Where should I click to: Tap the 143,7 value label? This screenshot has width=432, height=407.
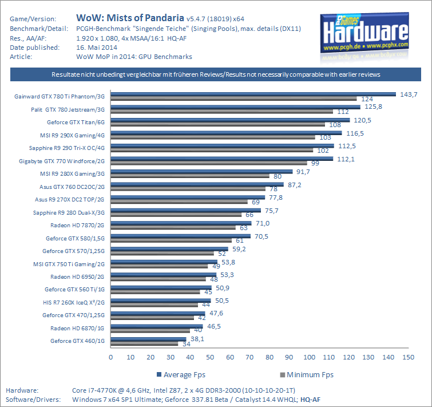(409, 93)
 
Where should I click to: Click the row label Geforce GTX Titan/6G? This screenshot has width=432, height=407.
(76, 122)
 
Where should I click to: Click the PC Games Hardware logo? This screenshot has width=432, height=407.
(365, 36)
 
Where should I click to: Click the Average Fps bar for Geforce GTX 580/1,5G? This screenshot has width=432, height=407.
(180, 236)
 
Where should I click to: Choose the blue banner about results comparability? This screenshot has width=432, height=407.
(216, 75)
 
